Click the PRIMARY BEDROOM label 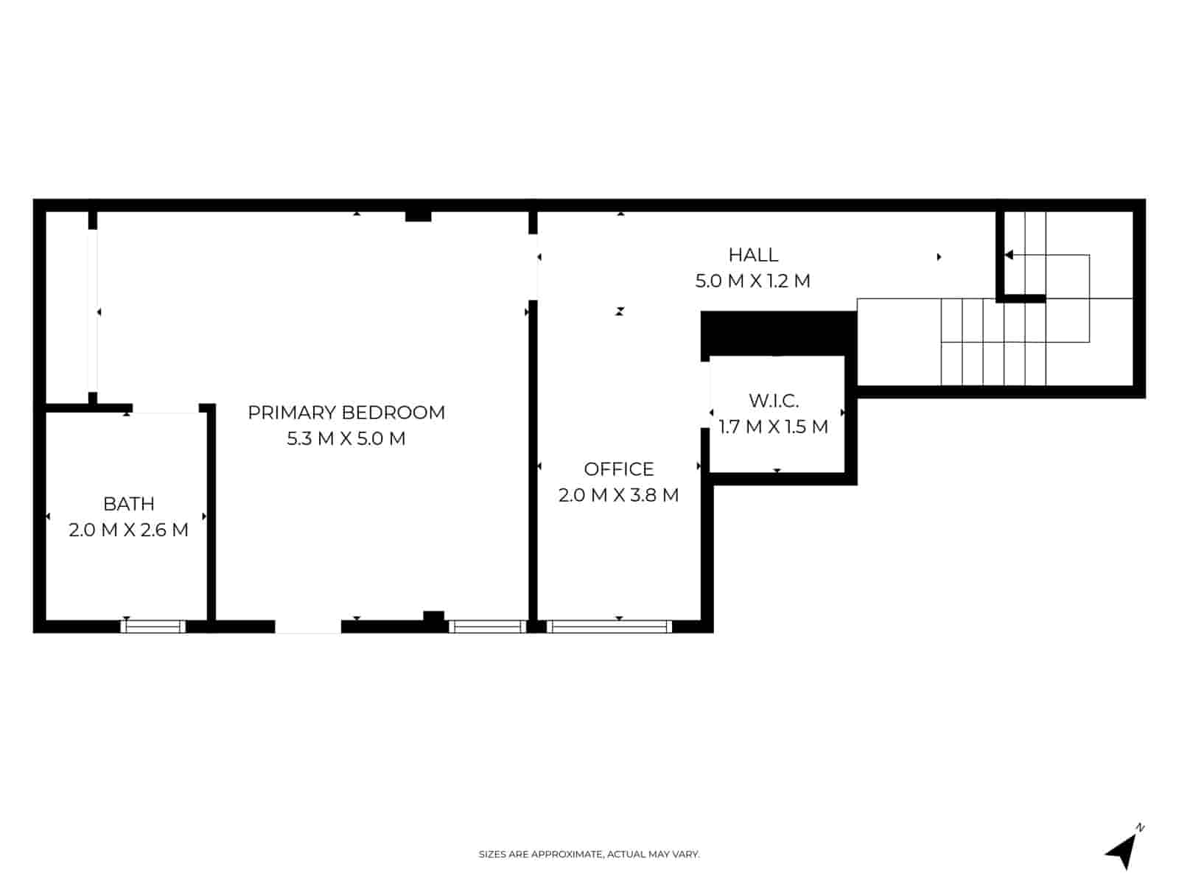(x=346, y=413)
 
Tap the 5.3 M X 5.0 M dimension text (x=346, y=439)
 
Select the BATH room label (x=129, y=504)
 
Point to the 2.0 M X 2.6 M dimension (x=129, y=530)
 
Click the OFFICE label (x=619, y=469)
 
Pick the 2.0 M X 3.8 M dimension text (x=619, y=496)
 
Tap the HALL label (x=753, y=255)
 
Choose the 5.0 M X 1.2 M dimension (x=753, y=281)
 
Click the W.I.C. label (x=774, y=401)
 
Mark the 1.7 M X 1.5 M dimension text (x=774, y=427)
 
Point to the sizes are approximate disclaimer (x=589, y=855)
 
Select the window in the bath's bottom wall (x=153, y=627)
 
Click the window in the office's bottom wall (x=609, y=627)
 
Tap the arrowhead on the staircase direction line (x=1009, y=255)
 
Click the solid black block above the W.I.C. (x=778, y=334)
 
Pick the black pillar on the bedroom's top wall (x=418, y=216)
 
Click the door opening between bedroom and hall (x=533, y=267)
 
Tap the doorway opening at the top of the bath (x=166, y=408)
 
